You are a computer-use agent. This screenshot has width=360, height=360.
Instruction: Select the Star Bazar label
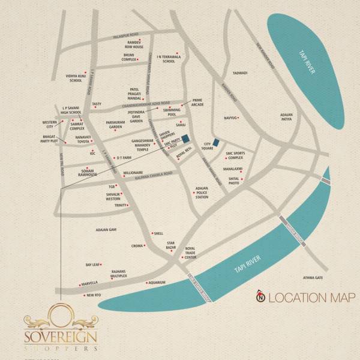coord(173,245)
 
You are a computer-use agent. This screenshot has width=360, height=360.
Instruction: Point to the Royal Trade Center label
coord(190,253)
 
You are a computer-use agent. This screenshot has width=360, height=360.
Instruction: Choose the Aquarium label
coord(157,281)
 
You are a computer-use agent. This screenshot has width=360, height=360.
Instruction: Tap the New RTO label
coord(93,295)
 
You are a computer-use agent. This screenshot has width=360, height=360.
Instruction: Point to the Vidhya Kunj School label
coord(77,79)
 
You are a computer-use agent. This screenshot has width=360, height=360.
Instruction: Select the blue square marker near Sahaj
coord(186,138)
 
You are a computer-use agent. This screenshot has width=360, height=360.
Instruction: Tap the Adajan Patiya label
coord(290,116)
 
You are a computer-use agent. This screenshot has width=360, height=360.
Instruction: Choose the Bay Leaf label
coord(92,264)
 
